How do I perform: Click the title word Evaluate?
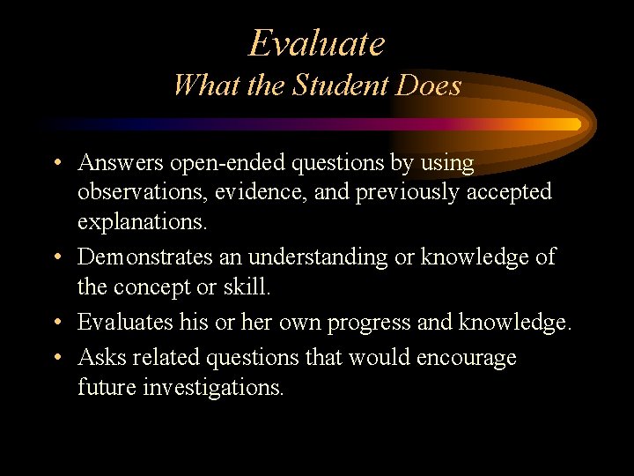317,42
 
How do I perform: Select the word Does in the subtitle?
431,85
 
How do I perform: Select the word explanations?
143,220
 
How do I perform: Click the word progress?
370,324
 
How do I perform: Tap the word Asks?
100,357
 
